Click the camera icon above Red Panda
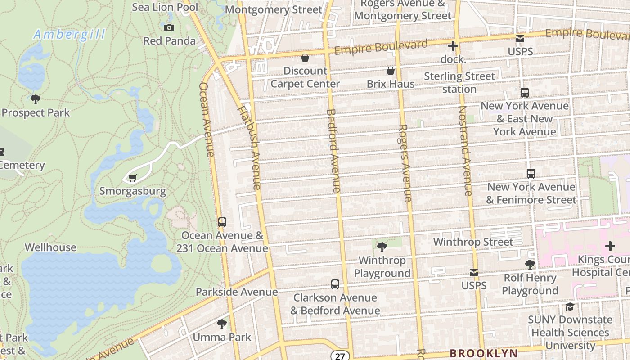pos(169,28)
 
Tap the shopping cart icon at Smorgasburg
pos(132,178)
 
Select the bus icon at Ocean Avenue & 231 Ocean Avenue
pos(222,222)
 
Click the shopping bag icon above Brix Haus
pos(391,71)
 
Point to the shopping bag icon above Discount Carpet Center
pos(305,58)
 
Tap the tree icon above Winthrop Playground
pos(382,247)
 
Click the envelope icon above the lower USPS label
pos(474,273)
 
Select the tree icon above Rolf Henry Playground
pos(530,265)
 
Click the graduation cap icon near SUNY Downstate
pos(570,307)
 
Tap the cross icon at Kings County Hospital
pos(610,246)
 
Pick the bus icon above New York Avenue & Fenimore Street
pos(531,174)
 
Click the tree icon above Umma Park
pos(221,324)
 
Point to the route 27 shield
pos(340,356)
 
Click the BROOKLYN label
pos(484,353)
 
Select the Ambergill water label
pos(70,35)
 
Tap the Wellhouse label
pos(50,247)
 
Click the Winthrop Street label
pos(473,242)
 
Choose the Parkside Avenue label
pos(237,292)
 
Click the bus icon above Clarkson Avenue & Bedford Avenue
pos(335,284)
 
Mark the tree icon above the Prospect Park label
pos(36,99)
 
